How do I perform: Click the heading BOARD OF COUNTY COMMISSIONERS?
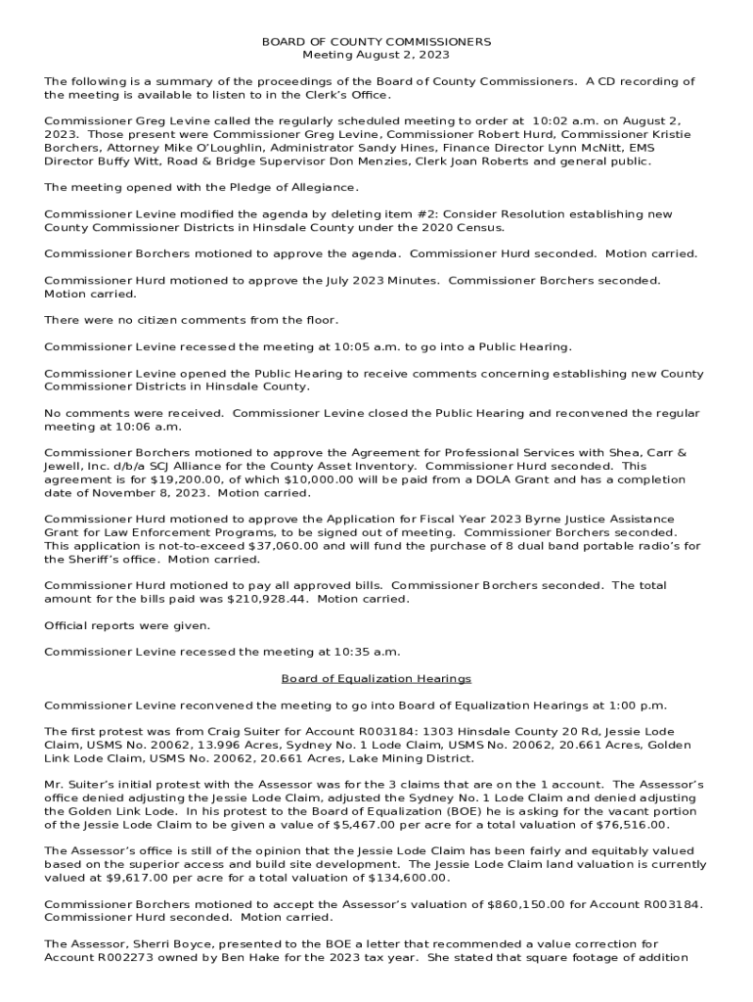(x=376, y=42)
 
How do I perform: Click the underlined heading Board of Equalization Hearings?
(x=376, y=678)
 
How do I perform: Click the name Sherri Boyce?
(x=149, y=944)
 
